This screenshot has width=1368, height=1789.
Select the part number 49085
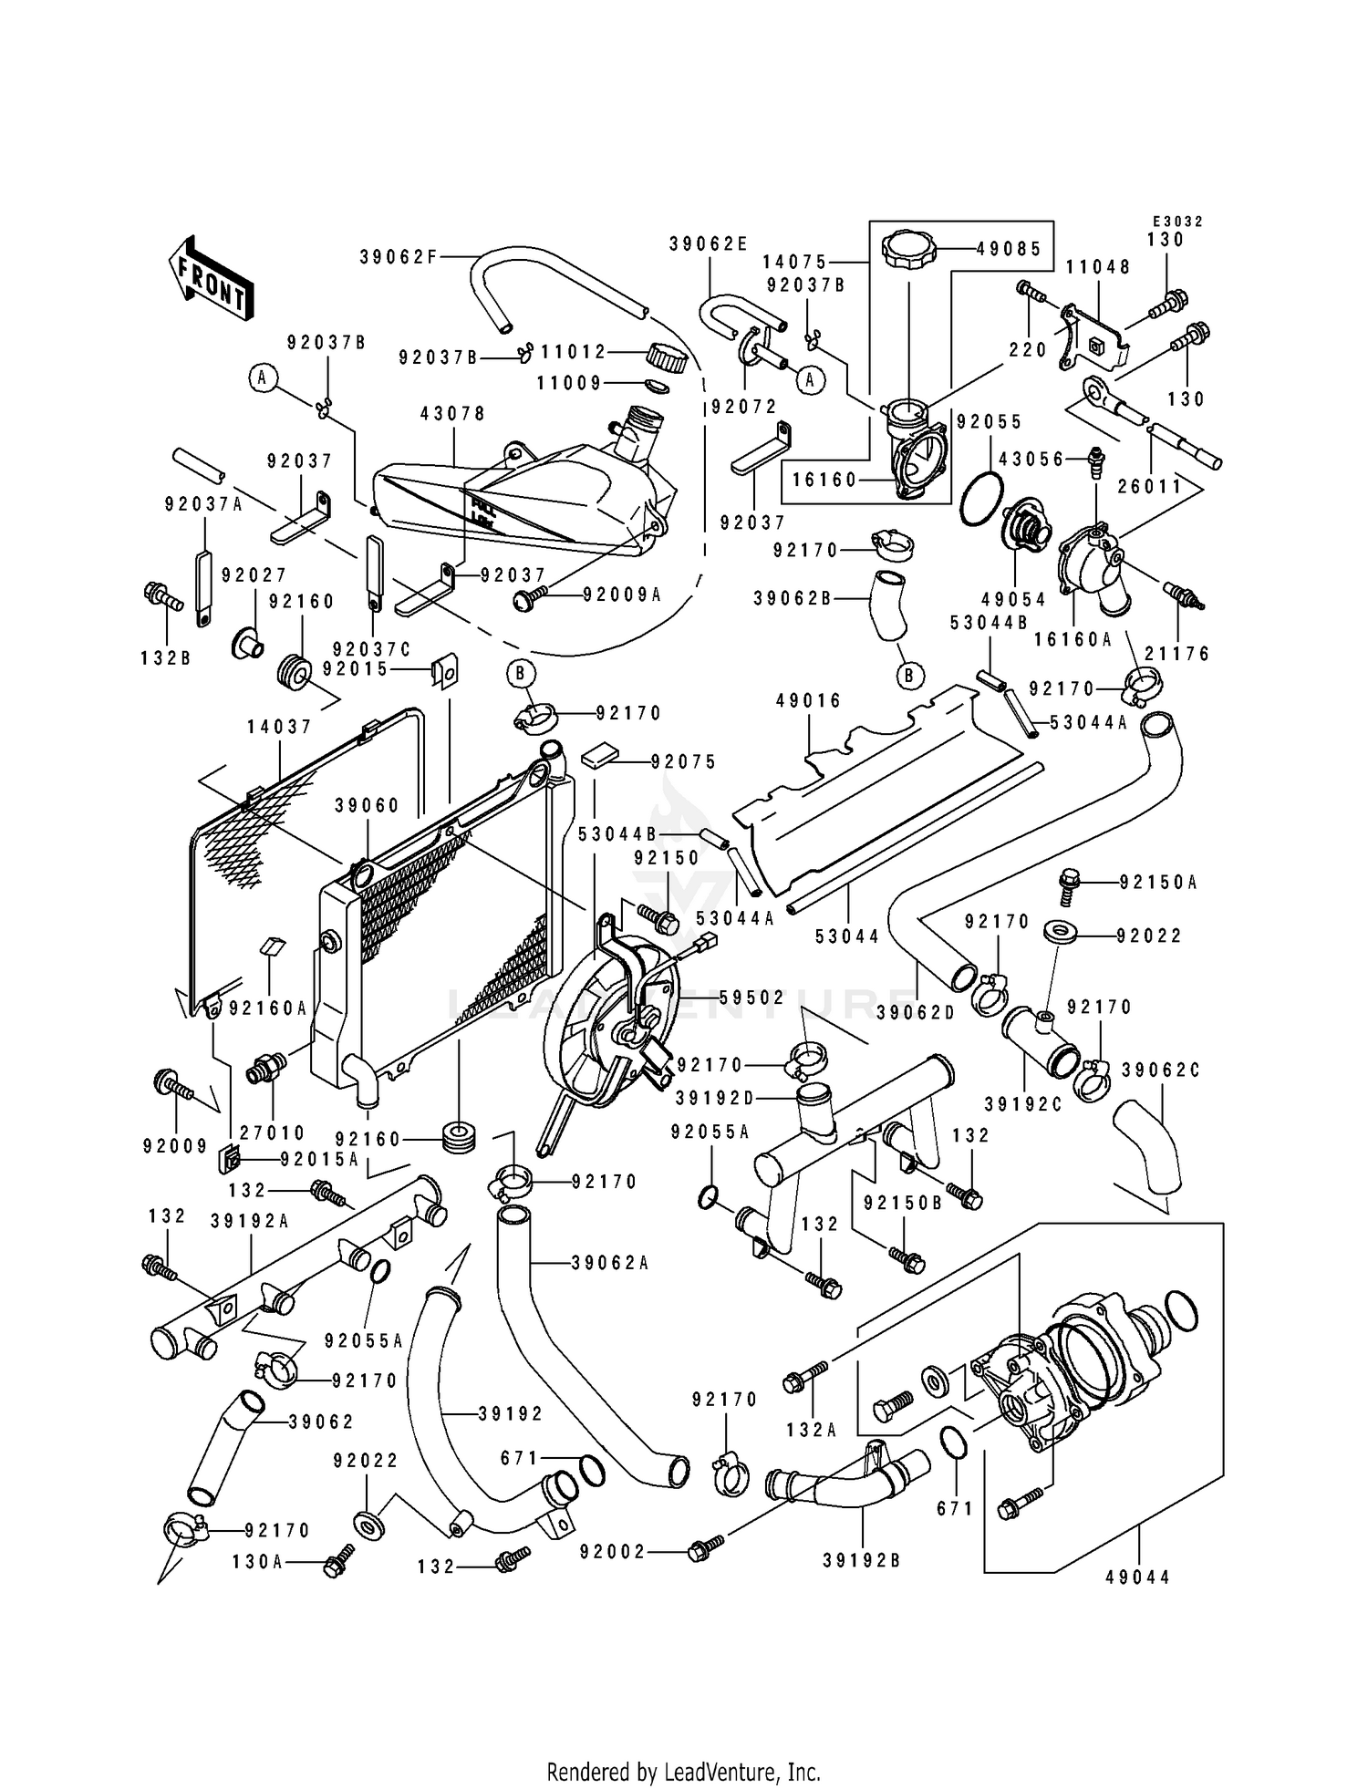click(1009, 248)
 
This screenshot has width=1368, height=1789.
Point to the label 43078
click(452, 414)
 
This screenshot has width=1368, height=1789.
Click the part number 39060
click(367, 805)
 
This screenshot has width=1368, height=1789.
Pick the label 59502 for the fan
click(752, 998)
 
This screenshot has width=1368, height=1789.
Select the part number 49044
click(1137, 1577)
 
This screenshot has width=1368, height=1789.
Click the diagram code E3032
click(1177, 222)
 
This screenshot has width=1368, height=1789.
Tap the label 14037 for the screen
click(279, 727)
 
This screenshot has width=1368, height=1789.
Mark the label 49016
click(808, 700)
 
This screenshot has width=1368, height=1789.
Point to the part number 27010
click(273, 1132)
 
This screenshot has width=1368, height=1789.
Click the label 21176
click(1177, 653)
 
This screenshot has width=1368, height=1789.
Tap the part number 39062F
click(399, 257)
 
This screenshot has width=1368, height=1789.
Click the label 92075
click(684, 761)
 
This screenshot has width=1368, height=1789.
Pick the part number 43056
click(1031, 460)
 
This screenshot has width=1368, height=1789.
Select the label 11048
click(1098, 267)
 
